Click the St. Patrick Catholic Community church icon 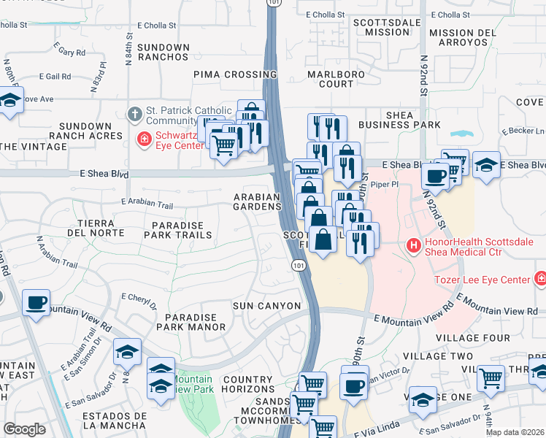coord(134,115)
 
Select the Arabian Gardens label coord(257,202)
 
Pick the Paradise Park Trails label coord(180,230)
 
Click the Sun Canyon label coord(266,305)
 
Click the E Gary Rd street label coord(69,53)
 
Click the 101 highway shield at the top coord(272,4)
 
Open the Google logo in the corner coord(24,429)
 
